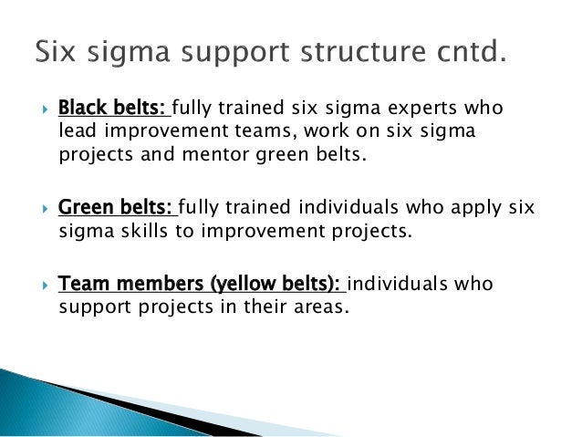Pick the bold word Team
[x=80, y=285]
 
